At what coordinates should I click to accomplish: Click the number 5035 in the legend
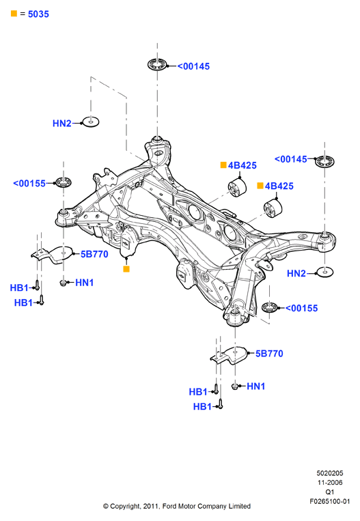[x=38, y=14]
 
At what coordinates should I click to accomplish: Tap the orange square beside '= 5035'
[x=14, y=13]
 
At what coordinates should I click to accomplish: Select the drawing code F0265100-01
[x=330, y=501]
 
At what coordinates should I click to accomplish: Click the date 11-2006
[x=330, y=483]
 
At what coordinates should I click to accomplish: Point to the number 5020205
[x=330, y=473]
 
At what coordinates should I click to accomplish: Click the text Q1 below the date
[x=330, y=492]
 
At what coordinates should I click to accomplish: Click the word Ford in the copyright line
[x=169, y=506]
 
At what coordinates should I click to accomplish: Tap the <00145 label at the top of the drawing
[x=193, y=66]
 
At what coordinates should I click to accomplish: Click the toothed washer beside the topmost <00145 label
[x=157, y=64]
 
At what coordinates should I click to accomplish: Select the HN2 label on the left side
[x=62, y=124]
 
